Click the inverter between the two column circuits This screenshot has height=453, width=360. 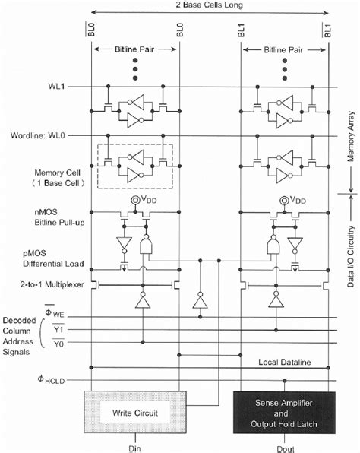(x=201, y=303)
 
